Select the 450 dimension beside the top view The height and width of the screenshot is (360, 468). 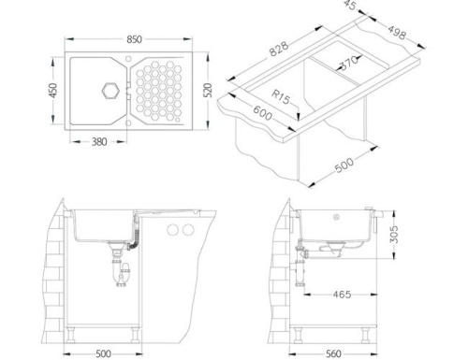coord(55,92)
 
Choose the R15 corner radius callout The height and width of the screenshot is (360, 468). coord(280,97)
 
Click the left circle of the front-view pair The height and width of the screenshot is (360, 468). coord(171,230)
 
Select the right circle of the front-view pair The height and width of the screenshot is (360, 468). coord(187,230)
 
